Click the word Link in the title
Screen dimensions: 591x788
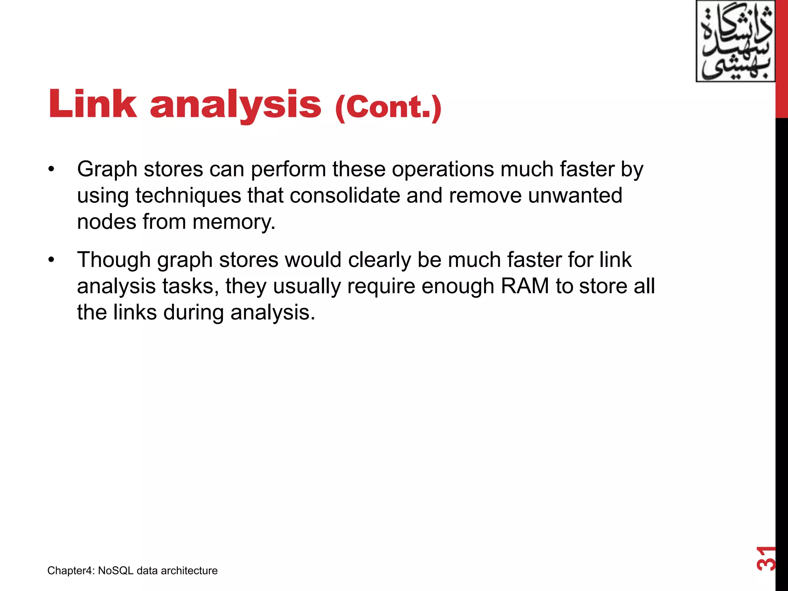pos(93,104)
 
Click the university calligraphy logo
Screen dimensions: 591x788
pos(735,41)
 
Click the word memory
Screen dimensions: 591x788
pos(234,222)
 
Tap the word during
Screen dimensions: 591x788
pos(194,313)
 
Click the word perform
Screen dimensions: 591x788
pos(288,170)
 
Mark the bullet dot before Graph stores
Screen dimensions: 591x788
pos(52,170)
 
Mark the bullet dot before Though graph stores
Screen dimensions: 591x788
pos(52,260)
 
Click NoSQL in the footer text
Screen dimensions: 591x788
pos(115,571)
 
